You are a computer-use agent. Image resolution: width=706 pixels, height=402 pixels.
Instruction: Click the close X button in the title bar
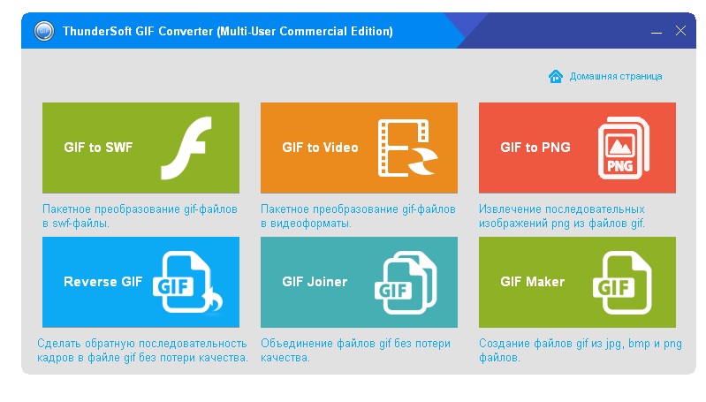click(680, 31)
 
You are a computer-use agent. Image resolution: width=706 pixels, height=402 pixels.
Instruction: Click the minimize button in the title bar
click(656, 33)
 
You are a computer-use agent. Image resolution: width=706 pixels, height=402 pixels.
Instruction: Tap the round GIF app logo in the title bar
click(44, 31)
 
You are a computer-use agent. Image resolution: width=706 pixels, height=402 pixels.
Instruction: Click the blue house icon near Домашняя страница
click(556, 77)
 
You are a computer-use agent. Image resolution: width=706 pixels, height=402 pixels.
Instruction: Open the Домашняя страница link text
click(616, 77)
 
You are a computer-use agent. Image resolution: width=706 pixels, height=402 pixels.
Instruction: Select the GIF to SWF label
click(98, 148)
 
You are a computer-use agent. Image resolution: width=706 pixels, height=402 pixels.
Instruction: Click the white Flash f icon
click(186, 148)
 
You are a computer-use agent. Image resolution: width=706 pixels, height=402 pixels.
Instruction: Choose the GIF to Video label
click(320, 148)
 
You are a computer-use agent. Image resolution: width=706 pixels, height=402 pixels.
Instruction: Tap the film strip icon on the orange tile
click(407, 148)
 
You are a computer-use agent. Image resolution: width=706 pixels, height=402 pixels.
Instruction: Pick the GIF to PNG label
click(535, 148)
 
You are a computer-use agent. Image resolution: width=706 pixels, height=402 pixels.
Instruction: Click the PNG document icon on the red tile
click(624, 148)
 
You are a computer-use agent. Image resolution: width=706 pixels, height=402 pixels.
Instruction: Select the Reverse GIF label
click(103, 282)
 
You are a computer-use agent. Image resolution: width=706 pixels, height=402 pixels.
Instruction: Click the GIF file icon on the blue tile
click(187, 282)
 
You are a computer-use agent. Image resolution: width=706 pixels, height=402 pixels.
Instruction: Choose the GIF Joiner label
click(315, 282)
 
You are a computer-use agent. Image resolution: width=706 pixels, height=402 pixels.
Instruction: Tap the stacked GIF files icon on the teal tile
click(406, 282)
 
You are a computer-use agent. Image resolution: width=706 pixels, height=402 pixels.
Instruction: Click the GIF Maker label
click(533, 282)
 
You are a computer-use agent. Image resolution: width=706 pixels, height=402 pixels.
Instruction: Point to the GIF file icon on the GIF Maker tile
click(622, 282)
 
